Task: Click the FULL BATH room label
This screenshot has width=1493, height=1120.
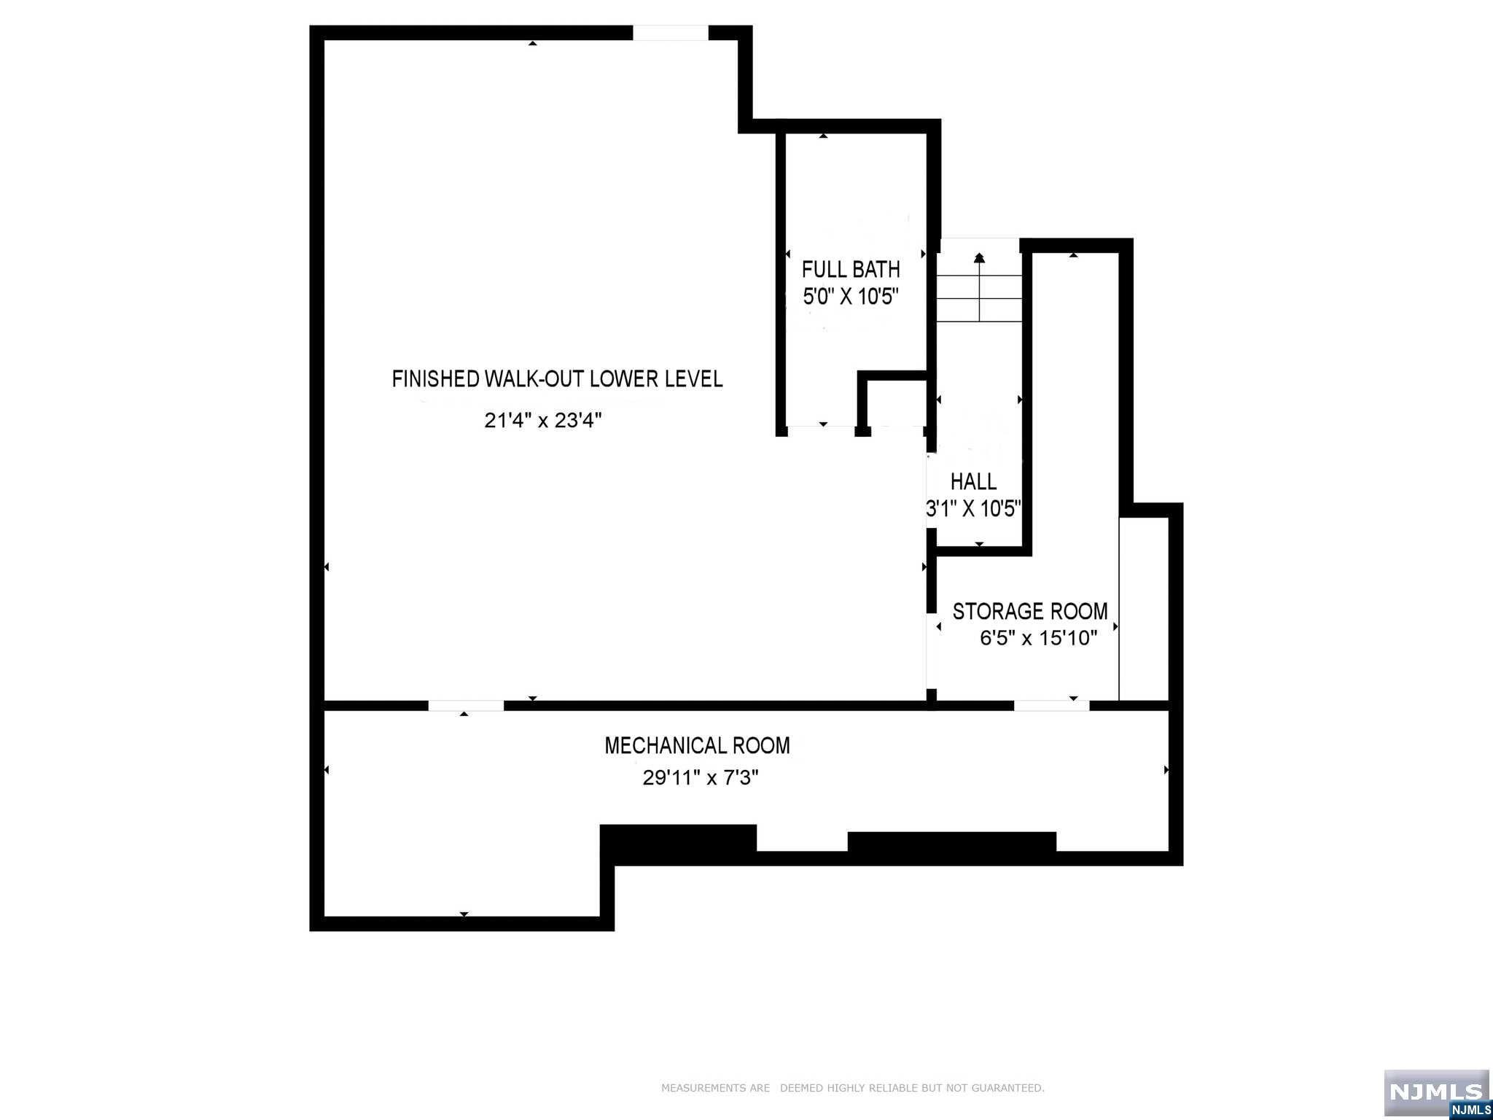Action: (x=851, y=269)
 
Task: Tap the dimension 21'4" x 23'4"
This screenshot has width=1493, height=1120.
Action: (x=543, y=421)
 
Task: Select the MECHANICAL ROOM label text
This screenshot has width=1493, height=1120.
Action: (x=697, y=745)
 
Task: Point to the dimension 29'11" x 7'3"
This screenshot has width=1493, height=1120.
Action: (x=701, y=778)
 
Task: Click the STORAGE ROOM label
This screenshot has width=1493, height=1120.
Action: (x=1029, y=611)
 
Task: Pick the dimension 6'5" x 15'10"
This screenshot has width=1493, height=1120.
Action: (x=1038, y=639)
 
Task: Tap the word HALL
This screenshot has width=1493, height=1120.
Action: (x=973, y=481)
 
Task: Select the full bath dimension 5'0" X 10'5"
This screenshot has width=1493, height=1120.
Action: (x=851, y=297)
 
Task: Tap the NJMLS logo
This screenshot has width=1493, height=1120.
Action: (x=1436, y=1092)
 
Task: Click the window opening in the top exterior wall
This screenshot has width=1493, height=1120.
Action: (x=670, y=33)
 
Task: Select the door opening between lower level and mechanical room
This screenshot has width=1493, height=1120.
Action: (x=465, y=706)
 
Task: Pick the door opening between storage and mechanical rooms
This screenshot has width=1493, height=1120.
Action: (x=1051, y=706)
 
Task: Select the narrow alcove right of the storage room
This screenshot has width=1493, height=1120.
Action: (x=1144, y=609)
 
